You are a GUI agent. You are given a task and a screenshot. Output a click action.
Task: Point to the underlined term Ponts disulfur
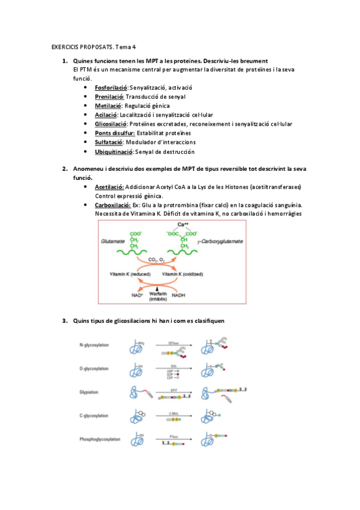click(x=114, y=133)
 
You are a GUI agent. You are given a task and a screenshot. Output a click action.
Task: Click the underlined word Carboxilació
click(x=112, y=205)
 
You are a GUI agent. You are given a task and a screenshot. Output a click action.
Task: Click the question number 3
click(x=64, y=321)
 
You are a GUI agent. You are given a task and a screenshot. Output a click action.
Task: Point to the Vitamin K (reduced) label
click(x=130, y=274)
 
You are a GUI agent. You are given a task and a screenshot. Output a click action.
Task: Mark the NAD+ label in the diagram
click(x=138, y=295)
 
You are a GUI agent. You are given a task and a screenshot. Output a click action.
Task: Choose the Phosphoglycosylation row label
click(x=100, y=439)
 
